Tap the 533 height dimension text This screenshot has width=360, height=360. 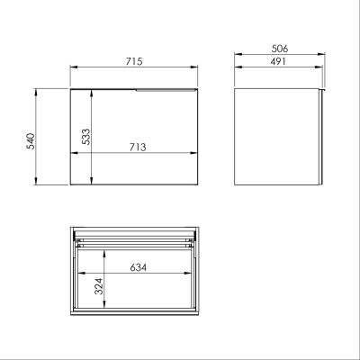tap(84, 135)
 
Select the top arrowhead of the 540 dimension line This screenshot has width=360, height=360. tap(37, 90)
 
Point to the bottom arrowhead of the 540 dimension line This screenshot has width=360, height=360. tap(37, 187)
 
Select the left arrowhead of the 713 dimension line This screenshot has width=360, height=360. tap(74, 153)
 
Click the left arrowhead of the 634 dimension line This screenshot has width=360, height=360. tap(80, 275)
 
